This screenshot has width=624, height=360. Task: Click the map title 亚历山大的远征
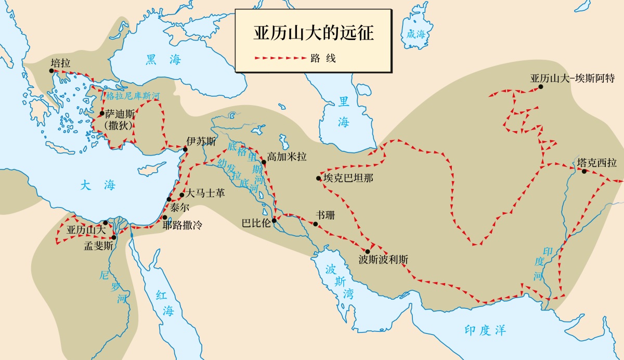pyautogui.click(x=314, y=33)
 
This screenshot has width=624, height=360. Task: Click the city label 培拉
pyautogui.click(x=60, y=62)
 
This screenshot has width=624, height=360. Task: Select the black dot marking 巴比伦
pyautogui.click(x=274, y=221)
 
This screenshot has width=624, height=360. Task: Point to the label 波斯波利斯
pyautogui.click(x=380, y=259)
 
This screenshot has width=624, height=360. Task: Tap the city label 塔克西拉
pyautogui.click(x=596, y=163)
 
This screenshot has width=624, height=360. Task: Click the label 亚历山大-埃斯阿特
pyautogui.click(x=573, y=79)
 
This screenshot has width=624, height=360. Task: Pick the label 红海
pyautogui.click(x=165, y=303)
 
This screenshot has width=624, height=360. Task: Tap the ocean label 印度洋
pyautogui.click(x=485, y=330)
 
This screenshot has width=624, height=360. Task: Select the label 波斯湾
pyautogui.click(x=335, y=281)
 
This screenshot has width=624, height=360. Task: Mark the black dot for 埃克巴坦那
pyautogui.click(x=319, y=178)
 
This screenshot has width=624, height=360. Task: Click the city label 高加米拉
pyautogui.click(x=287, y=156)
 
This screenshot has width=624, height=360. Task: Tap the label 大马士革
pyautogui.click(x=205, y=194)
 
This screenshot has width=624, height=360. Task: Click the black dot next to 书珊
pyautogui.click(x=315, y=224)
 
